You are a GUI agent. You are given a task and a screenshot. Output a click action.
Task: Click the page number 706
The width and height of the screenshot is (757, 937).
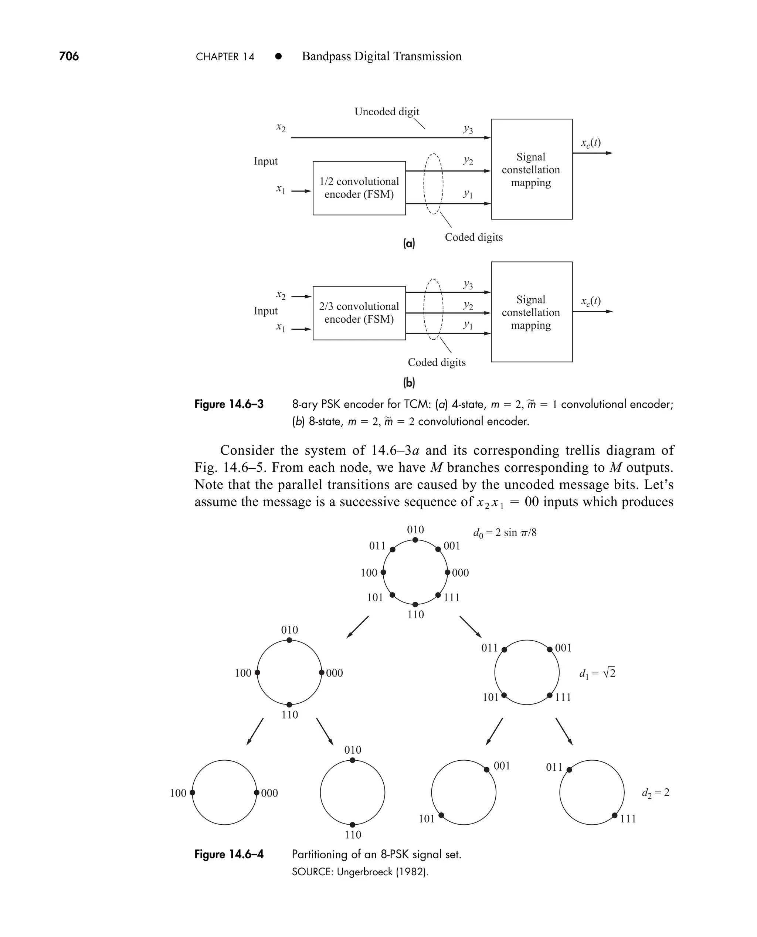tap(69, 56)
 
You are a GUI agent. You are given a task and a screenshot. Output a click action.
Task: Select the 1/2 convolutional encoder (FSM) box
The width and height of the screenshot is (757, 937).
tap(359, 188)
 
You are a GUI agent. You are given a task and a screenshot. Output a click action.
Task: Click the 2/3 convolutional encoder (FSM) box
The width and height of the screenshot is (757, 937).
tap(359, 313)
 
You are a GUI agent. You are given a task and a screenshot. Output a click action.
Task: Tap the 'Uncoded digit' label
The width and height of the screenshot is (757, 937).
tap(386, 112)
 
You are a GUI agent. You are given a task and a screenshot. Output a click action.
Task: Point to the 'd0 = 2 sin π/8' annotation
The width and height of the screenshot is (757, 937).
tap(505, 533)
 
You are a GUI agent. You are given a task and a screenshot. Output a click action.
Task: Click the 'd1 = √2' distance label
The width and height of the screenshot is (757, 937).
tap(597, 674)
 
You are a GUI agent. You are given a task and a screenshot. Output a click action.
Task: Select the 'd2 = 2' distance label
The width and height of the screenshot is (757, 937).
tap(655, 792)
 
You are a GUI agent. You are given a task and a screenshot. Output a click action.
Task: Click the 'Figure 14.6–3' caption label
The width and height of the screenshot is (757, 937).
tap(229, 404)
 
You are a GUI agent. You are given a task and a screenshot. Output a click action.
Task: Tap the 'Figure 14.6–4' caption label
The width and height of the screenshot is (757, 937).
tap(229, 854)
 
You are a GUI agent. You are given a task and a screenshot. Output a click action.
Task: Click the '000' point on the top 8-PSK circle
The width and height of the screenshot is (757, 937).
tap(447, 572)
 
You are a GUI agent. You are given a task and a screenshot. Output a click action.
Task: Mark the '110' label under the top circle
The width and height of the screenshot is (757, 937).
tap(415, 615)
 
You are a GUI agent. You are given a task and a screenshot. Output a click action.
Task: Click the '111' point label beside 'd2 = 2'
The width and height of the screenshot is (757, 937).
tap(628, 819)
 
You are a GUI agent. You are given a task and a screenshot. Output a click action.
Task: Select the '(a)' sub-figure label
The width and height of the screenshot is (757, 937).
tap(408, 243)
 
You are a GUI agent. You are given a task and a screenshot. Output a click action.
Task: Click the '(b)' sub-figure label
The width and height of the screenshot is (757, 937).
tap(408, 383)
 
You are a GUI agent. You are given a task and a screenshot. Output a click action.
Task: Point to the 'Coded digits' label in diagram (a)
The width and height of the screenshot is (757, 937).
tap(473, 237)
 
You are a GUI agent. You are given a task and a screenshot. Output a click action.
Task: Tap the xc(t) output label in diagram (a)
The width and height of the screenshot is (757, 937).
tap(590, 143)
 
